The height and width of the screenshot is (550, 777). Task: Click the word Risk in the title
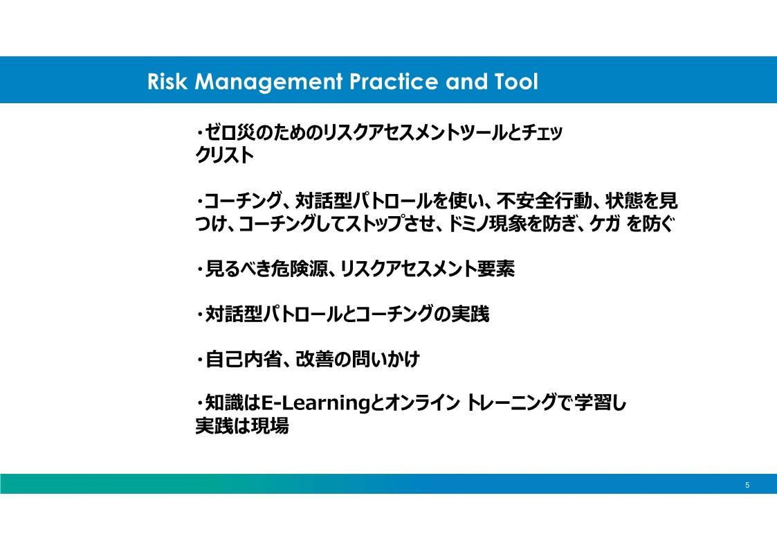167,81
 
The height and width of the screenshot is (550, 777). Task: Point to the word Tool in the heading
516,81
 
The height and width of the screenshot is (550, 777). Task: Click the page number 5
747,485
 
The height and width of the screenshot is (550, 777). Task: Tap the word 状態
624,201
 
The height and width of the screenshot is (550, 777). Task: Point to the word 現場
270,427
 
